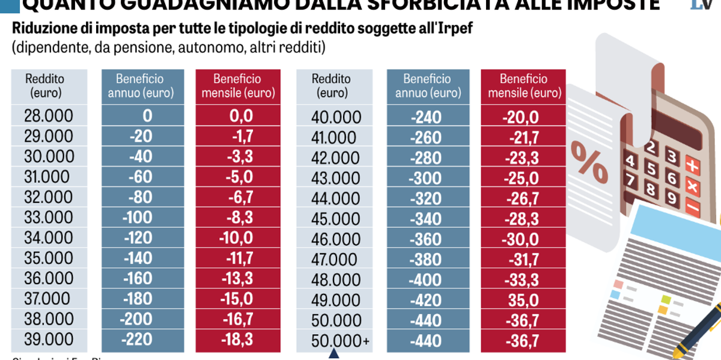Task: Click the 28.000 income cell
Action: [48, 116]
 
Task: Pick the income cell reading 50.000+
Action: [340, 341]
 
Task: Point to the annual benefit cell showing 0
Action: [148, 116]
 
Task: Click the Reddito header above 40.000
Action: [331, 85]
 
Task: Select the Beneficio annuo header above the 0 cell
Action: [140, 85]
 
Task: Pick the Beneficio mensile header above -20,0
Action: [523, 85]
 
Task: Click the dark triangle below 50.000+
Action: [334, 355]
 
